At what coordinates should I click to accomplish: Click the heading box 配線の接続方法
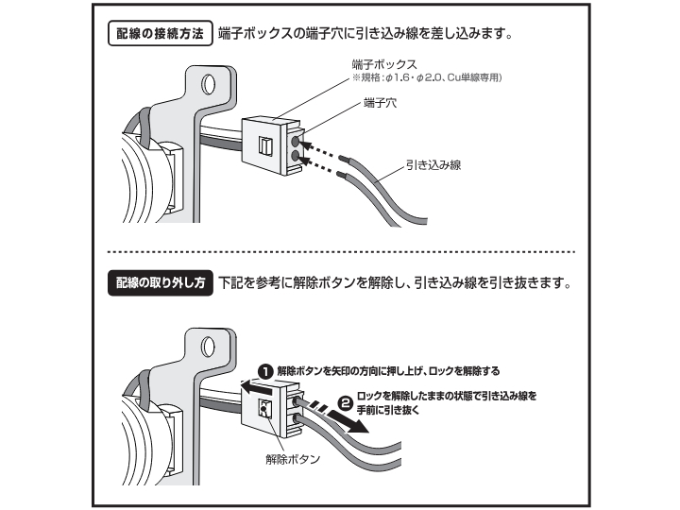pyautogui.click(x=158, y=35)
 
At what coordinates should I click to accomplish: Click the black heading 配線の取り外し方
pyautogui.click(x=158, y=283)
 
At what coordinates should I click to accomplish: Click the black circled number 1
pyautogui.click(x=266, y=371)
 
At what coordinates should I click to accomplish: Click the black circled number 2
pyautogui.click(x=345, y=402)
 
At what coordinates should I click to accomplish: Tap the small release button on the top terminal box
pyautogui.click(x=266, y=146)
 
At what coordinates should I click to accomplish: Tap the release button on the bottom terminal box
pyautogui.click(x=265, y=408)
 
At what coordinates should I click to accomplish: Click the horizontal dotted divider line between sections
pyautogui.click(x=340, y=252)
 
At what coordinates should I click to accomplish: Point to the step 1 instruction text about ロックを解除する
pyautogui.click(x=388, y=371)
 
